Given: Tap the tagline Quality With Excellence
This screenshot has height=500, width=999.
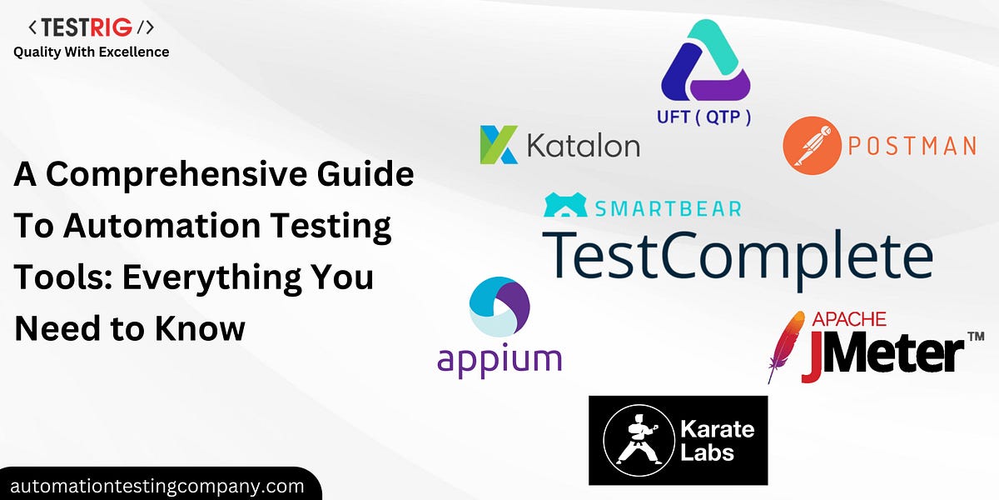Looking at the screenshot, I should (x=92, y=52).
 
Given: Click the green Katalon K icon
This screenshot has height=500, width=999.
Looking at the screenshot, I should (x=499, y=144).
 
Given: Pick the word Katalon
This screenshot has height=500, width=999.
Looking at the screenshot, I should (x=584, y=145).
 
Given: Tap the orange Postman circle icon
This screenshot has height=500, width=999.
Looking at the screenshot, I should (x=809, y=146).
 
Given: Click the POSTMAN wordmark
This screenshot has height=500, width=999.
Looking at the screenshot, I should (x=911, y=147).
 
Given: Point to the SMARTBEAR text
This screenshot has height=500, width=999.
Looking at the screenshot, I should (x=666, y=207).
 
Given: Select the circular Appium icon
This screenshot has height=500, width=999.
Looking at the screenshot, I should (x=499, y=307).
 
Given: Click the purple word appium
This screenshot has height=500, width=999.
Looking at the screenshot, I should (x=499, y=360).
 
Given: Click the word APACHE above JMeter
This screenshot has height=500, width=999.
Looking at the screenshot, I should (x=848, y=319).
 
